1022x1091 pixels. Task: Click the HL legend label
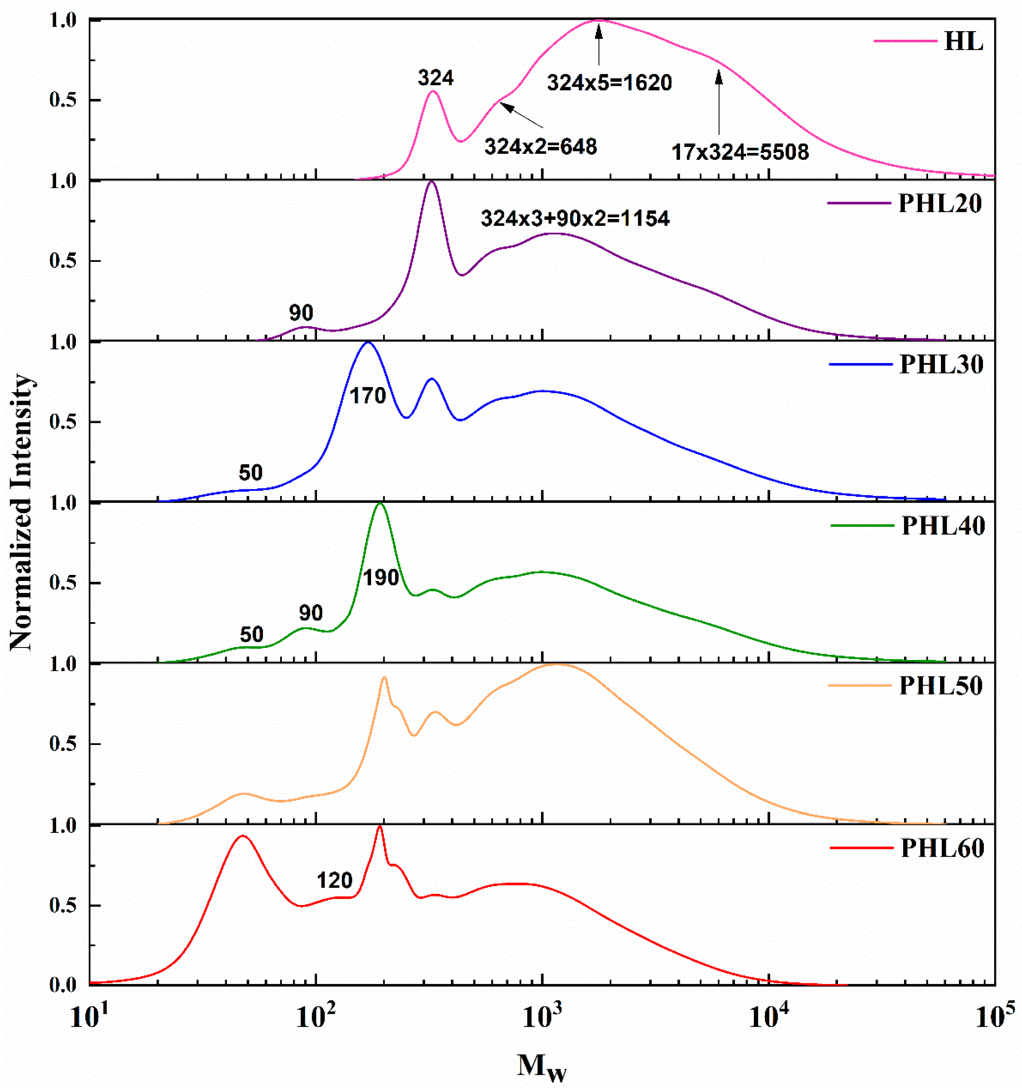pyautogui.click(x=963, y=42)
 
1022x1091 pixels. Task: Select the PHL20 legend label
pyautogui.click(x=940, y=204)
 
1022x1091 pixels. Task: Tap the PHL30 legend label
pyautogui.click(x=941, y=364)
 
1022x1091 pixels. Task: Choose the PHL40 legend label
pyautogui.click(x=943, y=526)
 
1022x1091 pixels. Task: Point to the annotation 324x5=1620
pyautogui.click(x=609, y=83)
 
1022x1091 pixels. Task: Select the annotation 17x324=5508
pyautogui.click(x=740, y=152)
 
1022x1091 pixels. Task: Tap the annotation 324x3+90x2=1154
pyautogui.click(x=575, y=219)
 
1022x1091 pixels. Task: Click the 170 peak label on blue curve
pyautogui.click(x=368, y=396)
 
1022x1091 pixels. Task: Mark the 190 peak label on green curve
pyautogui.click(x=381, y=577)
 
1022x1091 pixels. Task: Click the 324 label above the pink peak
pyautogui.click(x=436, y=78)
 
